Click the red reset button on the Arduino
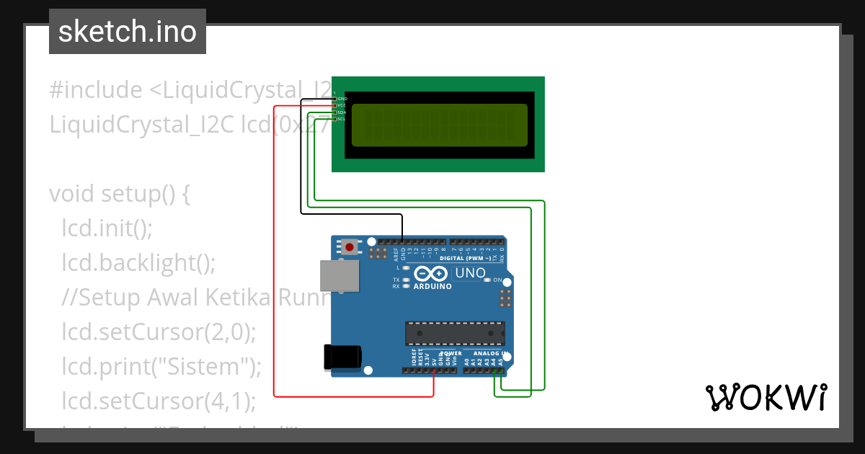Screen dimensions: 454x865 click(x=350, y=247)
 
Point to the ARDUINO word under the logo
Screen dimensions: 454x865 click(x=432, y=286)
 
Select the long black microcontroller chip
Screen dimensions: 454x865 click(x=454, y=333)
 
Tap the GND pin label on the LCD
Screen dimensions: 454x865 click(x=342, y=99)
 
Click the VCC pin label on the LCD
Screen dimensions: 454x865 click(x=342, y=105)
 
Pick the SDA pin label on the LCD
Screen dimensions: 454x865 click(x=342, y=112)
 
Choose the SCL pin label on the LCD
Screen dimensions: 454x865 click(x=342, y=119)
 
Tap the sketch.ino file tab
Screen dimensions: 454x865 click(x=128, y=32)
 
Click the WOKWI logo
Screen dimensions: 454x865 click(x=765, y=397)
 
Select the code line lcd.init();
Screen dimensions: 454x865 click(x=107, y=228)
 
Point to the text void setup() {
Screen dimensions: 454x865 click(x=119, y=195)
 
